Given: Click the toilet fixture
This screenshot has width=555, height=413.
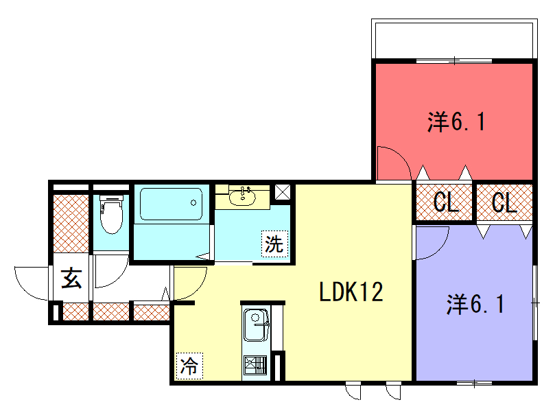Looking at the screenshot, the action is [x=112, y=214].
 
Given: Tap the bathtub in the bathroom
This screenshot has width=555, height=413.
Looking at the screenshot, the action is [x=172, y=204].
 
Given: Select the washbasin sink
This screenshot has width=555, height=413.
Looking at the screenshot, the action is [x=242, y=197].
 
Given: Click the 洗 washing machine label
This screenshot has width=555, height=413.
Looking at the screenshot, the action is [x=274, y=244].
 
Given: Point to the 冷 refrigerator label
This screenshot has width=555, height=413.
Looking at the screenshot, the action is [x=190, y=366].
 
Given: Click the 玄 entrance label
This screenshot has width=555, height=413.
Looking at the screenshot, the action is [x=72, y=278].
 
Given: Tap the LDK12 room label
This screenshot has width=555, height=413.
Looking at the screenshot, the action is [x=351, y=292].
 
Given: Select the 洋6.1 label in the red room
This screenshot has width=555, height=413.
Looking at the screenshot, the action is [x=456, y=121].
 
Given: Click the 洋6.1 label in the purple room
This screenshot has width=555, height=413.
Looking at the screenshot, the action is [x=475, y=304].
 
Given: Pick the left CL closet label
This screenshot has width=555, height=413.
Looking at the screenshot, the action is [x=446, y=202].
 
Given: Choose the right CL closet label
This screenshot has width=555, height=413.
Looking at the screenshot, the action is [x=504, y=202].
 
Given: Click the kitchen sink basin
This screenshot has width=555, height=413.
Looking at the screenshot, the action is [x=256, y=325].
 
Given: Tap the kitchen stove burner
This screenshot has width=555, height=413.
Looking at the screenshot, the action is [x=255, y=365].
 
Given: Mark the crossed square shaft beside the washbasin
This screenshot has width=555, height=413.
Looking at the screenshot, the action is [x=283, y=192].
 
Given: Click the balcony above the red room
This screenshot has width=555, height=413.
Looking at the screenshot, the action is [x=454, y=39].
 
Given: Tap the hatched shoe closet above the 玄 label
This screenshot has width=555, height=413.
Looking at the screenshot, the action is [x=71, y=223].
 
